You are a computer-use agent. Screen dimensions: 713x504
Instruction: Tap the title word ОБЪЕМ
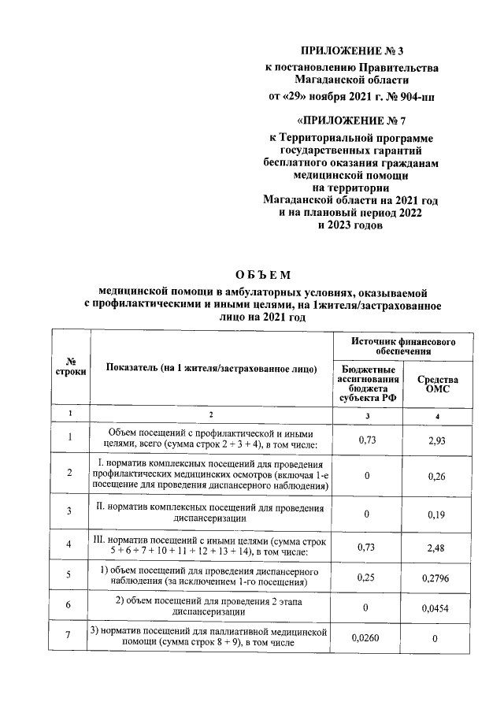click(263, 275)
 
